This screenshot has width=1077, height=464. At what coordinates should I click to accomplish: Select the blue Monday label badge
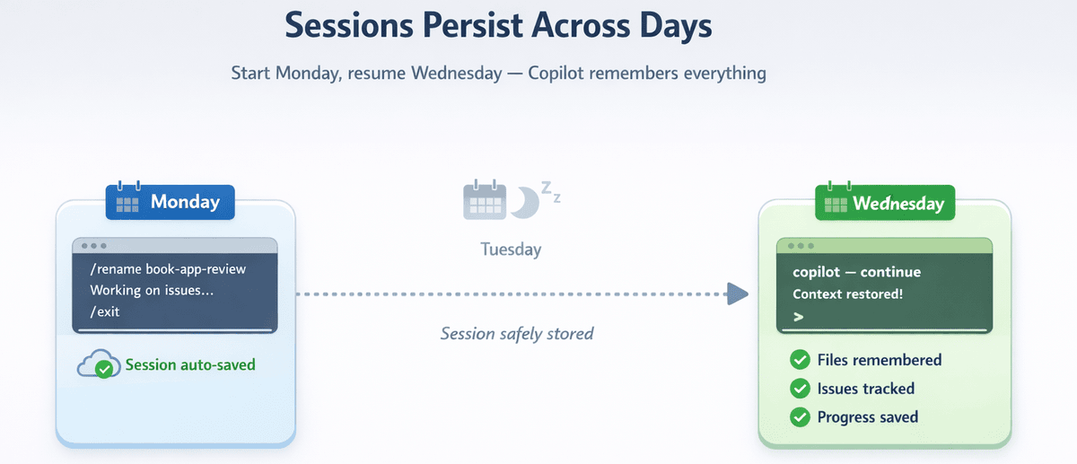[x=171, y=202]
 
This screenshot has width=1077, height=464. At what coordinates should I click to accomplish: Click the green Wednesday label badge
[x=884, y=203]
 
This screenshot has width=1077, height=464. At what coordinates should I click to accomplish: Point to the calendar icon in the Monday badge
[x=127, y=202]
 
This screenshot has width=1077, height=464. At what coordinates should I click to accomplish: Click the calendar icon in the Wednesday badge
[x=835, y=203]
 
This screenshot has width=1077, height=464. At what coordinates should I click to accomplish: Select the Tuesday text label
[x=511, y=249]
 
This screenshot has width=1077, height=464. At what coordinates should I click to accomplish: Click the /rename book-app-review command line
[x=168, y=269]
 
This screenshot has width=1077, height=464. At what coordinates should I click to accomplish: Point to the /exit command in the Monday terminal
[x=105, y=312]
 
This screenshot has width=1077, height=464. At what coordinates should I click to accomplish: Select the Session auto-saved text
[x=190, y=364]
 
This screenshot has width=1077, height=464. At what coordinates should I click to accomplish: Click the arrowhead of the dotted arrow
[x=737, y=293]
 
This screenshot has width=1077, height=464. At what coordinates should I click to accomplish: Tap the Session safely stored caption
[x=517, y=334]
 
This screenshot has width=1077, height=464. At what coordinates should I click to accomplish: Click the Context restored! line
[x=847, y=293]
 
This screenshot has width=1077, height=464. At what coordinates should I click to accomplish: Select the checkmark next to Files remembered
[x=800, y=360]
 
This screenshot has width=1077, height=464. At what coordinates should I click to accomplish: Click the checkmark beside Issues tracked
[x=800, y=389]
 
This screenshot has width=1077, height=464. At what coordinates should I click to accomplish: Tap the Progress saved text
[x=867, y=417]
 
